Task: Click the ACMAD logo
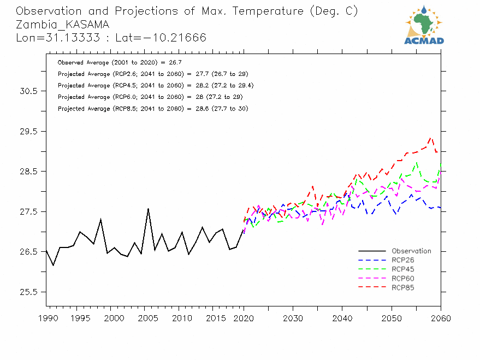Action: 424,25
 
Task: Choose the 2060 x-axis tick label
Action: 441,318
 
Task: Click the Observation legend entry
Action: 411,251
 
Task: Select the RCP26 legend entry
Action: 402,260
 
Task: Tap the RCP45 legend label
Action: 402,269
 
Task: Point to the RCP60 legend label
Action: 402,278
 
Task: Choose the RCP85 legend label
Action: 402,287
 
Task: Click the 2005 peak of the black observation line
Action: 148,208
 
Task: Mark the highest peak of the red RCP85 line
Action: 431,138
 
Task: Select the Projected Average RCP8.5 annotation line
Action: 153,109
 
